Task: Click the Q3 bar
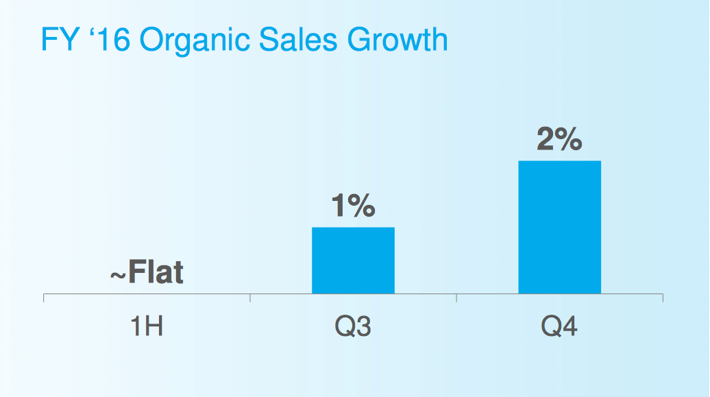coord(353,261)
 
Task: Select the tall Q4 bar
coord(559,227)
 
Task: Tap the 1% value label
coord(353,206)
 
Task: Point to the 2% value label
coord(559,140)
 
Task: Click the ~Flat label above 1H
coord(147,273)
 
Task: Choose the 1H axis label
coord(147,326)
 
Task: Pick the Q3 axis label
coord(353,326)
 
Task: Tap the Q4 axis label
coord(559,326)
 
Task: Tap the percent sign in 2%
coord(570,140)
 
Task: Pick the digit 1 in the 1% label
coord(338,206)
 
